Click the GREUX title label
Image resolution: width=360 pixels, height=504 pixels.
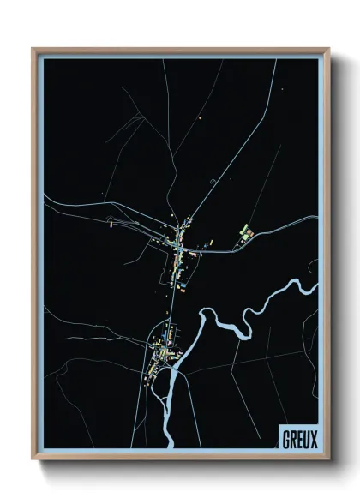pyautogui.click(x=299, y=439)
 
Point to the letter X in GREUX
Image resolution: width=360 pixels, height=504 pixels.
pyautogui.click(x=314, y=439)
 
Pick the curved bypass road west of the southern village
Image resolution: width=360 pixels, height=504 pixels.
pyautogui.click(x=143, y=377)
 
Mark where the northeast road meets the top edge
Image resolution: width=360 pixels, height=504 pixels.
pyautogui.click(x=276, y=61)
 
